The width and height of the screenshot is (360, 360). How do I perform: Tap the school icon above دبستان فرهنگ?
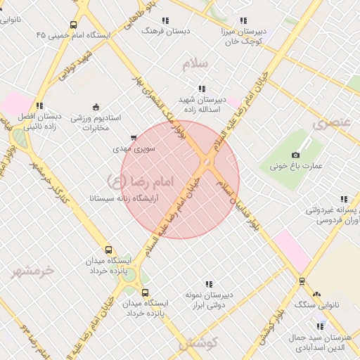point(165,21)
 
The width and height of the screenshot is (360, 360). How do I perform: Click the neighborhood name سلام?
point(195,64)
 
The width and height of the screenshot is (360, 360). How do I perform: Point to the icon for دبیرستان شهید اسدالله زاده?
point(202,89)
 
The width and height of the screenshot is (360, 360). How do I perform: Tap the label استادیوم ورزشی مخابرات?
point(98,122)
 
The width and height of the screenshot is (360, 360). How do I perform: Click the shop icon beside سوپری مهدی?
point(134,138)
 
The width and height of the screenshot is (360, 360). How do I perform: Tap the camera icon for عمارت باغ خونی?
point(295,155)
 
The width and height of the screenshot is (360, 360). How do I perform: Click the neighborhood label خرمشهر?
point(32,269)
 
